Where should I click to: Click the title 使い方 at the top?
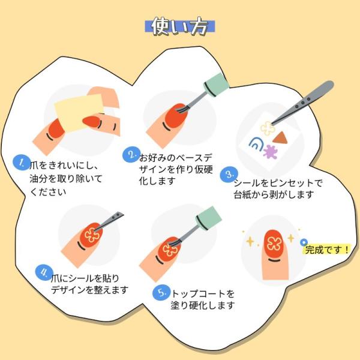pyautogui.click(x=179, y=26)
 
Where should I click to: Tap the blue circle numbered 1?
pyautogui.click(x=22, y=163)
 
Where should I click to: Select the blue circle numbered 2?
pyautogui.click(x=131, y=155)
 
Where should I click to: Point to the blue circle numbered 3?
pyautogui.click(x=229, y=174)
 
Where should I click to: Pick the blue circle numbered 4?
pyautogui.click(x=44, y=272)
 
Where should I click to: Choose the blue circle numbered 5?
pyautogui.click(x=161, y=292)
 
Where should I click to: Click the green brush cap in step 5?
pyautogui.click(x=209, y=218)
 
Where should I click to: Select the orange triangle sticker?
pyautogui.click(x=281, y=138)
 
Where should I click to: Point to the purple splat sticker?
pyautogui.click(x=271, y=152)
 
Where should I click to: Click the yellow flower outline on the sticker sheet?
pyautogui.click(x=267, y=128)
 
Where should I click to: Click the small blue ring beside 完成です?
pyautogui.click(x=304, y=242)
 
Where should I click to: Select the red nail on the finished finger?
pyautogui.click(x=273, y=244)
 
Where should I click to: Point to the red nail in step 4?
pyautogui.click(x=90, y=236)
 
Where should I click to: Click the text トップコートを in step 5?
pyautogui.click(x=203, y=293)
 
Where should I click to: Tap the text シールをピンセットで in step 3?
pyautogui.click(x=278, y=183)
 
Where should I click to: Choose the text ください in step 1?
pyautogui.click(x=48, y=192)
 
